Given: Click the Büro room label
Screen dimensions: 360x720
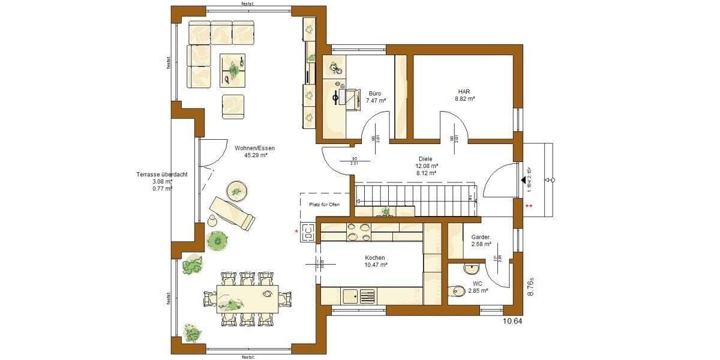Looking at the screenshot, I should (375, 94).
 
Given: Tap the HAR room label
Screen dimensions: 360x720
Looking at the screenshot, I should (464, 92).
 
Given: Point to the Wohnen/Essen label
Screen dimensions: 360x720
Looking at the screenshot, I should (251, 148).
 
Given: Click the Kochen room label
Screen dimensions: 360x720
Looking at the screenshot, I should (374, 257).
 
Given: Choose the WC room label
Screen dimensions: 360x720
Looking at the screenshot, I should (478, 283).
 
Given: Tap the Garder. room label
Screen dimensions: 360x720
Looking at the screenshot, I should (481, 237).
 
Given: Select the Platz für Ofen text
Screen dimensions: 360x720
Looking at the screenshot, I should (324, 205).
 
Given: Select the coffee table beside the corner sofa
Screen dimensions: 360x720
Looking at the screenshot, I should (233, 68).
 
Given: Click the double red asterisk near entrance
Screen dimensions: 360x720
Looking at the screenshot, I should (529, 207).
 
